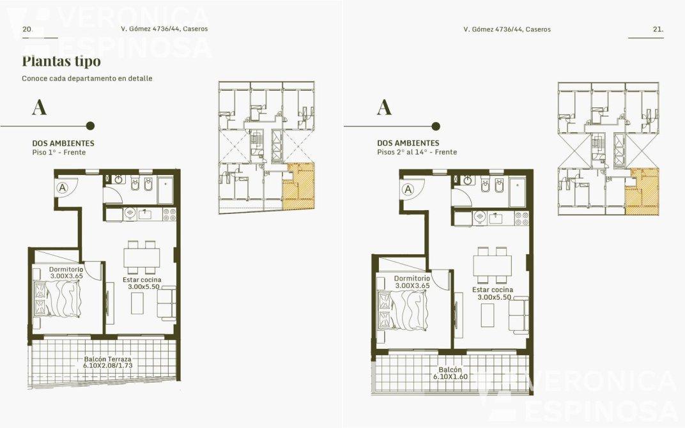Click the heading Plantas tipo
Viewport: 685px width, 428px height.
click(x=61, y=61)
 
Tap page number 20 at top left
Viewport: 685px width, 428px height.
click(x=27, y=29)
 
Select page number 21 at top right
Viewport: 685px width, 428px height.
click(x=658, y=29)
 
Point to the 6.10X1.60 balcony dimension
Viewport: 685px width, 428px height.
click(x=450, y=376)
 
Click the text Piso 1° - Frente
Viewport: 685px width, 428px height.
click(x=59, y=153)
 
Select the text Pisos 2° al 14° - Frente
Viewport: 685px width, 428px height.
click(x=417, y=152)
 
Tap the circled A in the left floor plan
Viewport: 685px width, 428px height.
click(x=63, y=188)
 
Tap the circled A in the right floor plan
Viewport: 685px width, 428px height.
click(x=408, y=190)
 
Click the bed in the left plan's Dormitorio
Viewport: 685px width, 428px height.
click(x=58, y=299)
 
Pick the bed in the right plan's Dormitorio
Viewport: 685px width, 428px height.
click(x=403, y=311)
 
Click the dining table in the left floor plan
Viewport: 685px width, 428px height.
click(x=142, y=257)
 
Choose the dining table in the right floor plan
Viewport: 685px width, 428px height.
click(x=492, y=265)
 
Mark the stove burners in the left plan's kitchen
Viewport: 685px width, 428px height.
click(x=169, y=215)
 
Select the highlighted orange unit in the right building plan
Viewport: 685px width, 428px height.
click(x=642, y=192)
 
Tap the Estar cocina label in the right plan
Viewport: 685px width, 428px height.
click(x=493, y=289)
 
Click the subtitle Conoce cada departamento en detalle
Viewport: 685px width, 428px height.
click(x=88, y=79)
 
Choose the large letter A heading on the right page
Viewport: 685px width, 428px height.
click(x=384, y=107)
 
